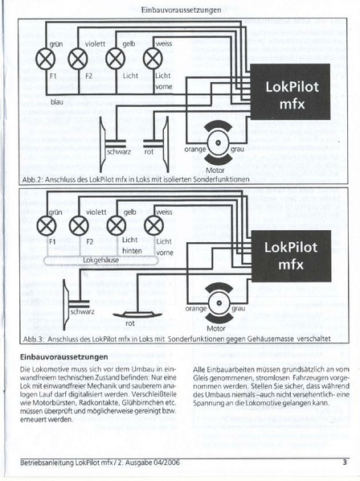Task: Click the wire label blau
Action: click(x=34, y=103)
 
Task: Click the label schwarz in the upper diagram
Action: click(x=118, y=151)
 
